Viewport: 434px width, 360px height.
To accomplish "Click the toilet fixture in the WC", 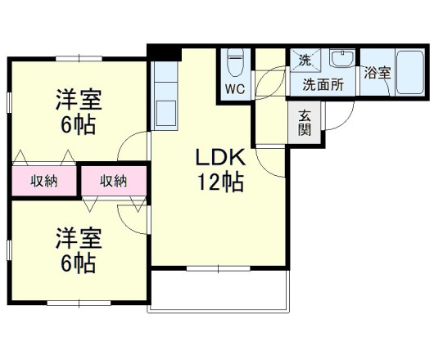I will tap(236, 63).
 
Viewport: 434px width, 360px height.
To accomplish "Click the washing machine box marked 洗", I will tap(305, 60).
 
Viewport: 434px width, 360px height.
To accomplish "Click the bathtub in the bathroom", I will tap(407, 73).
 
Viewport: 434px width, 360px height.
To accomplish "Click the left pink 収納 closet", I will tap(44, 181).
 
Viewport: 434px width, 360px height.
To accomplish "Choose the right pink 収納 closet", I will tap(114, 181).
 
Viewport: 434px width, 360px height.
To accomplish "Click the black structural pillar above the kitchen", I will tap(165, 52).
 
